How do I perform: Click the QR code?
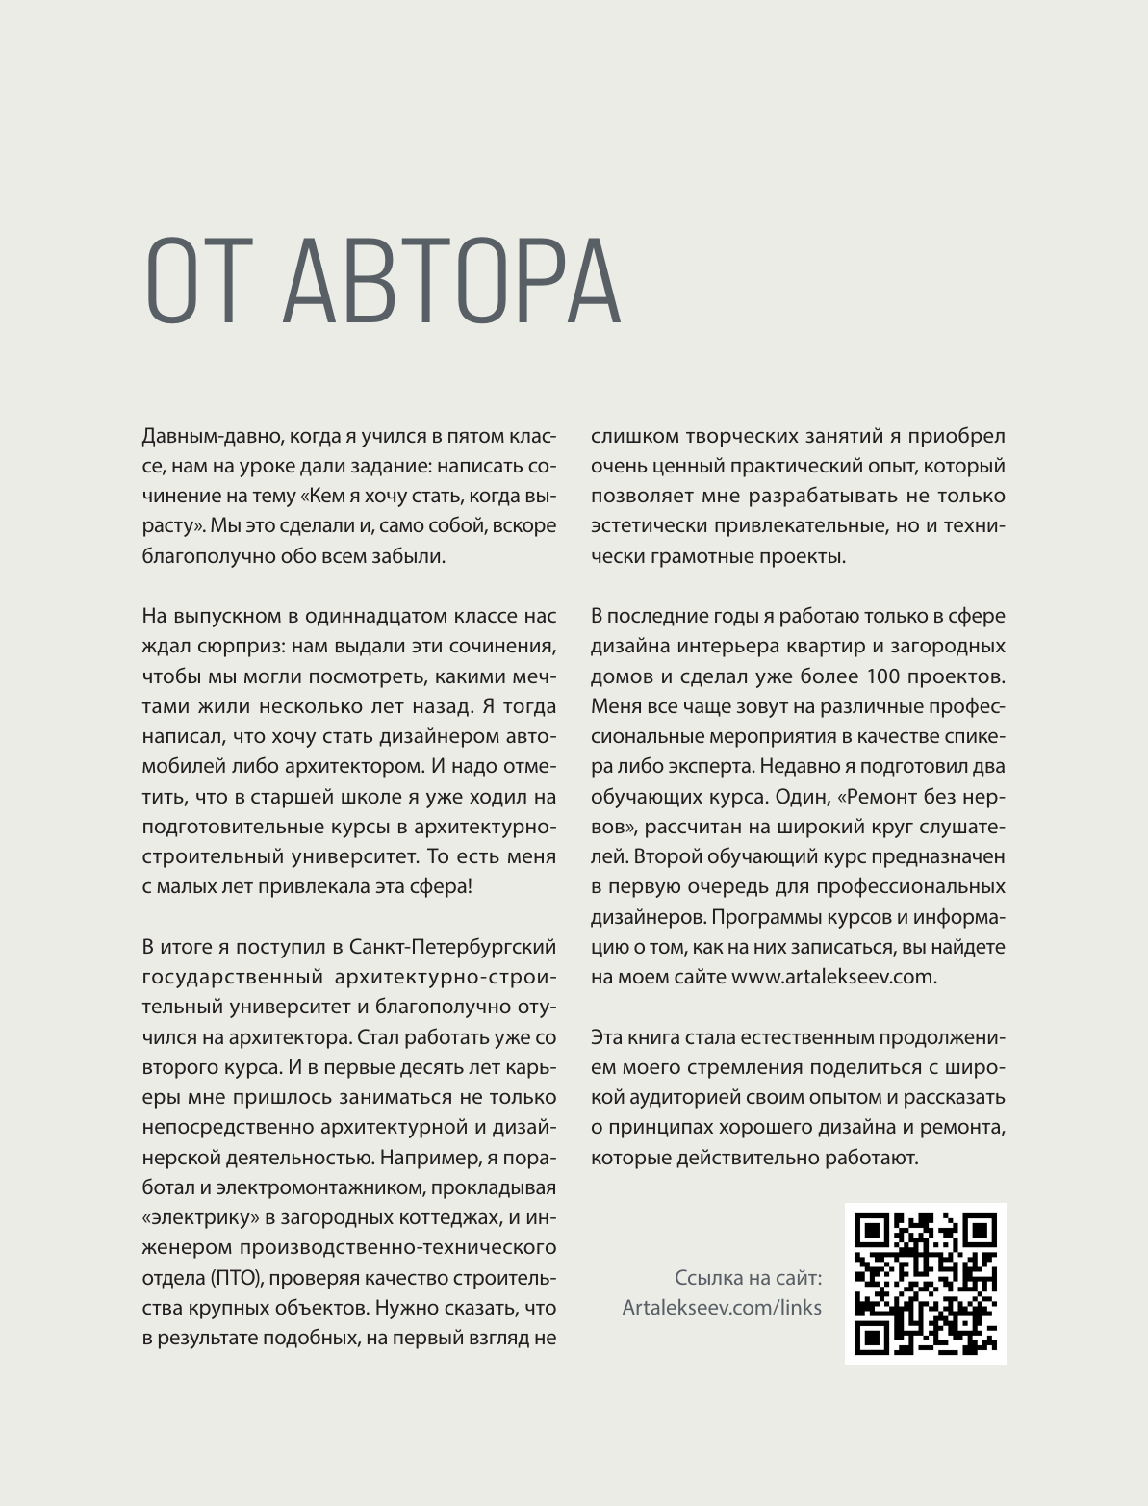(x=926, y=1283)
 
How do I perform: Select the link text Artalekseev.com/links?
(x=722, y=1307)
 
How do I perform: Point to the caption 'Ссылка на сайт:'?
(x=748, y=1278)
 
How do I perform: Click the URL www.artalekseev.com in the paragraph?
(x=832, y=977)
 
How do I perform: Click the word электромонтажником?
(x=350, y=1187)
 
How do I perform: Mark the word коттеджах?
(x=454, y=1217)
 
